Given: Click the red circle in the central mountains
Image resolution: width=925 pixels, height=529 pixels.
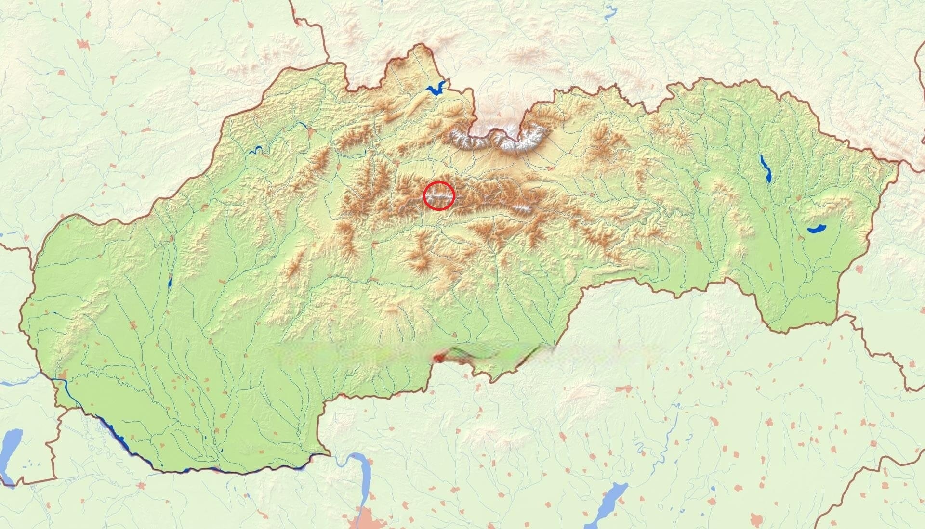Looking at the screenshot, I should pyautogui.click(x=439, y=196).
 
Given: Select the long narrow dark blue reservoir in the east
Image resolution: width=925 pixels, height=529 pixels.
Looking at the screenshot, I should pyautogui.click(x=765, y=168).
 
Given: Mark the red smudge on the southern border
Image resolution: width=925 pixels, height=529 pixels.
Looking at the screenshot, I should pyautogui.click(x=438, y=358).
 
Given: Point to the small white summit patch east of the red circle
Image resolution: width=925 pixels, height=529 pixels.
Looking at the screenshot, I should pyautogui.click(x=522, y=208).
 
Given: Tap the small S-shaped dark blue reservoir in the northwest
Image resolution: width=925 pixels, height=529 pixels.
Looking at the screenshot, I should pyautogui.click(x=256, y=150).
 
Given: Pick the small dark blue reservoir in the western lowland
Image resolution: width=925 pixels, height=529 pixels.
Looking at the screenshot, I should pyautogui.click(x=170, y=283).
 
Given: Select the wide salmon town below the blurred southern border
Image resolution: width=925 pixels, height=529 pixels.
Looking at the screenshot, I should pyautogui.click(x=624, y=388).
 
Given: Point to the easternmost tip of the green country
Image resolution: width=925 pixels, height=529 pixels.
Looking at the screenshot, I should pyautogui.click(x=898, y=163).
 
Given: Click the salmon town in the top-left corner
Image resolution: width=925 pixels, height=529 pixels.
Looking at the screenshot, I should pyautogui.click(x=83, y=44).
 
